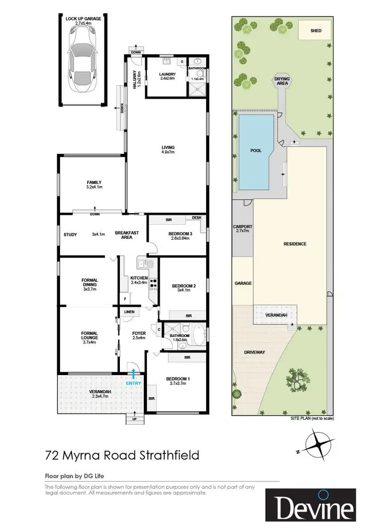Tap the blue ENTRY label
tap(134, 383)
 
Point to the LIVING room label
tap(167, 149)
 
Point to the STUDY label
tap(70, 234)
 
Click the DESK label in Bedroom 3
tap(197, 218)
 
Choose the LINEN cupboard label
tap(129, 312)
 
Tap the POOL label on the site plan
tap(256, 150)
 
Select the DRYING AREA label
tap(282, 81)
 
